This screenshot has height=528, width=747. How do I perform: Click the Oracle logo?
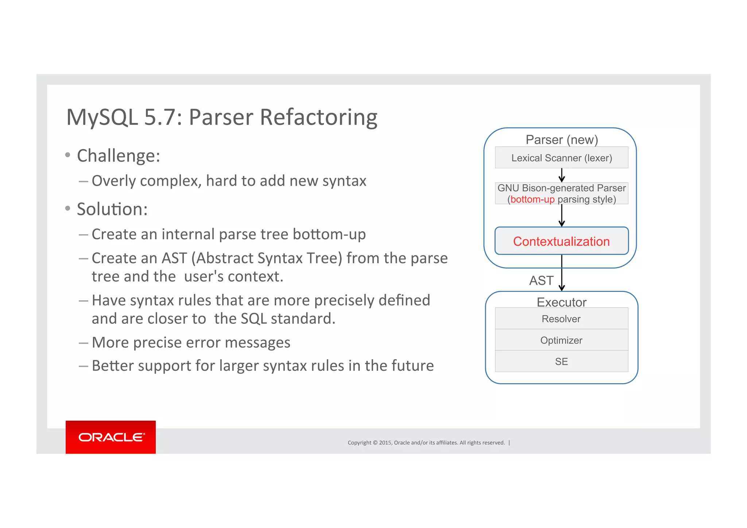(x=111, y=437)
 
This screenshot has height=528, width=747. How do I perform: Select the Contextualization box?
(x=561, y=241)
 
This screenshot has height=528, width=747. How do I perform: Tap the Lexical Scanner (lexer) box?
(x=561, y=158)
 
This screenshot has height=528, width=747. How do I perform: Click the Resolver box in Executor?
(x=561, y=319)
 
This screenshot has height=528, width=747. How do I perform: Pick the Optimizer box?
(x=561, y=340)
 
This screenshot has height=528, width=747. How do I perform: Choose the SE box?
(x=561, y=361)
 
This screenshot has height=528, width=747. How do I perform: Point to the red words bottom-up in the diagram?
(x=533, y=200)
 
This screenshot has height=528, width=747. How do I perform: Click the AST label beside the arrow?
(x=541, y=280)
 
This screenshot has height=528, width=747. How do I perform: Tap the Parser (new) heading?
(x=562, y=139)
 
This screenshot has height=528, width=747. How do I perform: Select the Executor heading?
(x=562, y=302)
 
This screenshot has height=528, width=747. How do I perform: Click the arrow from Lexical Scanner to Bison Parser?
(x=562, y=175)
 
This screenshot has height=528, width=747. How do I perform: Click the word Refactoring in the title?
(x=319, y=117)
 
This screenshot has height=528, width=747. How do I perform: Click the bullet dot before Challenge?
(x=67, y=155)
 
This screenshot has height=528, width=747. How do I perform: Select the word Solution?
(x=112, y=209)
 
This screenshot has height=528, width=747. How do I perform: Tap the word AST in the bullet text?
(x=174, y=258)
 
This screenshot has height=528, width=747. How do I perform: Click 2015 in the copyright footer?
(x=385, y=443)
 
